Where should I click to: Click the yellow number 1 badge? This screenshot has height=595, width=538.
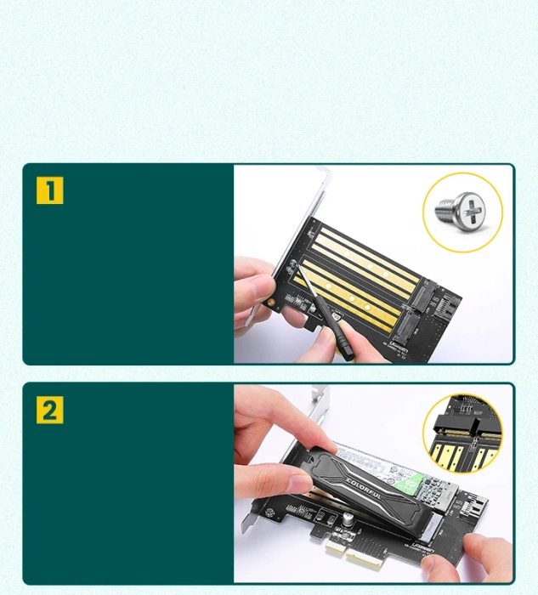(x=50, y=191)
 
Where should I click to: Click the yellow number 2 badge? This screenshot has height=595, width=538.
(x=50, y=411)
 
